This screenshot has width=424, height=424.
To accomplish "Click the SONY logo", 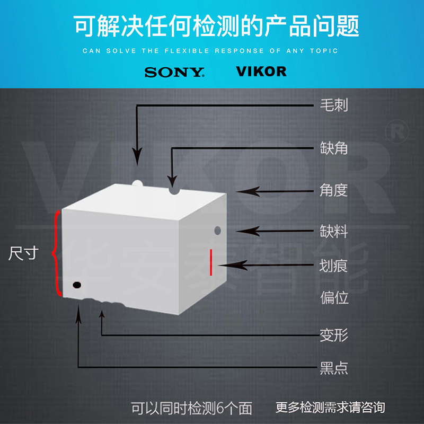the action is coord(174,72).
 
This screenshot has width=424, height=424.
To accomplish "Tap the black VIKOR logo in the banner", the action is coord(261,72).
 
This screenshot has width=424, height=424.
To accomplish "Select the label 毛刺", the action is coord(334,105).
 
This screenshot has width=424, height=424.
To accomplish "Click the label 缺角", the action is coord(334,148).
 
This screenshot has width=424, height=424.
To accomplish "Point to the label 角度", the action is coord(334,190).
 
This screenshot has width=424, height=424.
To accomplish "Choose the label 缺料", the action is coord(334,232).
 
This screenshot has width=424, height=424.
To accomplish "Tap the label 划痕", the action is coord(334,266).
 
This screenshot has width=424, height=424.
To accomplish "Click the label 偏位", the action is coord(334,297).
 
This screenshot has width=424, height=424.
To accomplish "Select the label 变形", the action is coord(334,335).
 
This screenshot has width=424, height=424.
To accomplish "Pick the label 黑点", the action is coord(334,368).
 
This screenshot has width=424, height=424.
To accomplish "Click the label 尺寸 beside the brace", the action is coord(23,253).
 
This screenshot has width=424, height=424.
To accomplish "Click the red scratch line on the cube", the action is coord(211,262).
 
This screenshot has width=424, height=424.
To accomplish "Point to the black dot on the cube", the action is coord(77,285).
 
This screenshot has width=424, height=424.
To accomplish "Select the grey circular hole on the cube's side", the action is coord(217,231).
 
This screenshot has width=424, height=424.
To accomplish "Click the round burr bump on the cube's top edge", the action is coord(137,183).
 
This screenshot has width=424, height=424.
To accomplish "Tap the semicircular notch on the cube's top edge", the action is coord(174,191).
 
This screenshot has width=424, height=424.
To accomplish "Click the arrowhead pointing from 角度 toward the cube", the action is coord(248,191).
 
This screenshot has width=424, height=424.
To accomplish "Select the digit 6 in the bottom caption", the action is coord(220,408).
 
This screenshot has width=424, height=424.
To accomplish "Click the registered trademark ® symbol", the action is coord(397,132).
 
